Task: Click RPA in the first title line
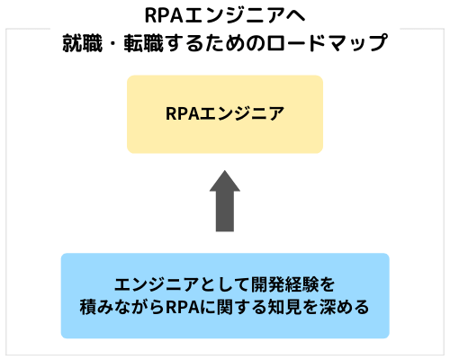click(164, 15)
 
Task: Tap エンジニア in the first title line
click(234, 15)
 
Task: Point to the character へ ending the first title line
click(295, 16)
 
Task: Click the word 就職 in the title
click(83, 43)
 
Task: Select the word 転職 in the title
click(144, 43)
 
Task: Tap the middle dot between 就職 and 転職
click(113, 43)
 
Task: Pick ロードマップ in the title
click(328, 43)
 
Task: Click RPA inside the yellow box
click(183, 113)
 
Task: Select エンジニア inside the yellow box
click(242, 113)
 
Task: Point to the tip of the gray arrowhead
click(225, 170)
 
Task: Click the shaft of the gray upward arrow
click(225, 211)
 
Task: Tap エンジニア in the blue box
click(157, 284)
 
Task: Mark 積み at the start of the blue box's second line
click(96, 307)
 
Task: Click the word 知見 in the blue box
click(284, 307)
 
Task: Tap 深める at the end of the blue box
click(344, 307)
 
